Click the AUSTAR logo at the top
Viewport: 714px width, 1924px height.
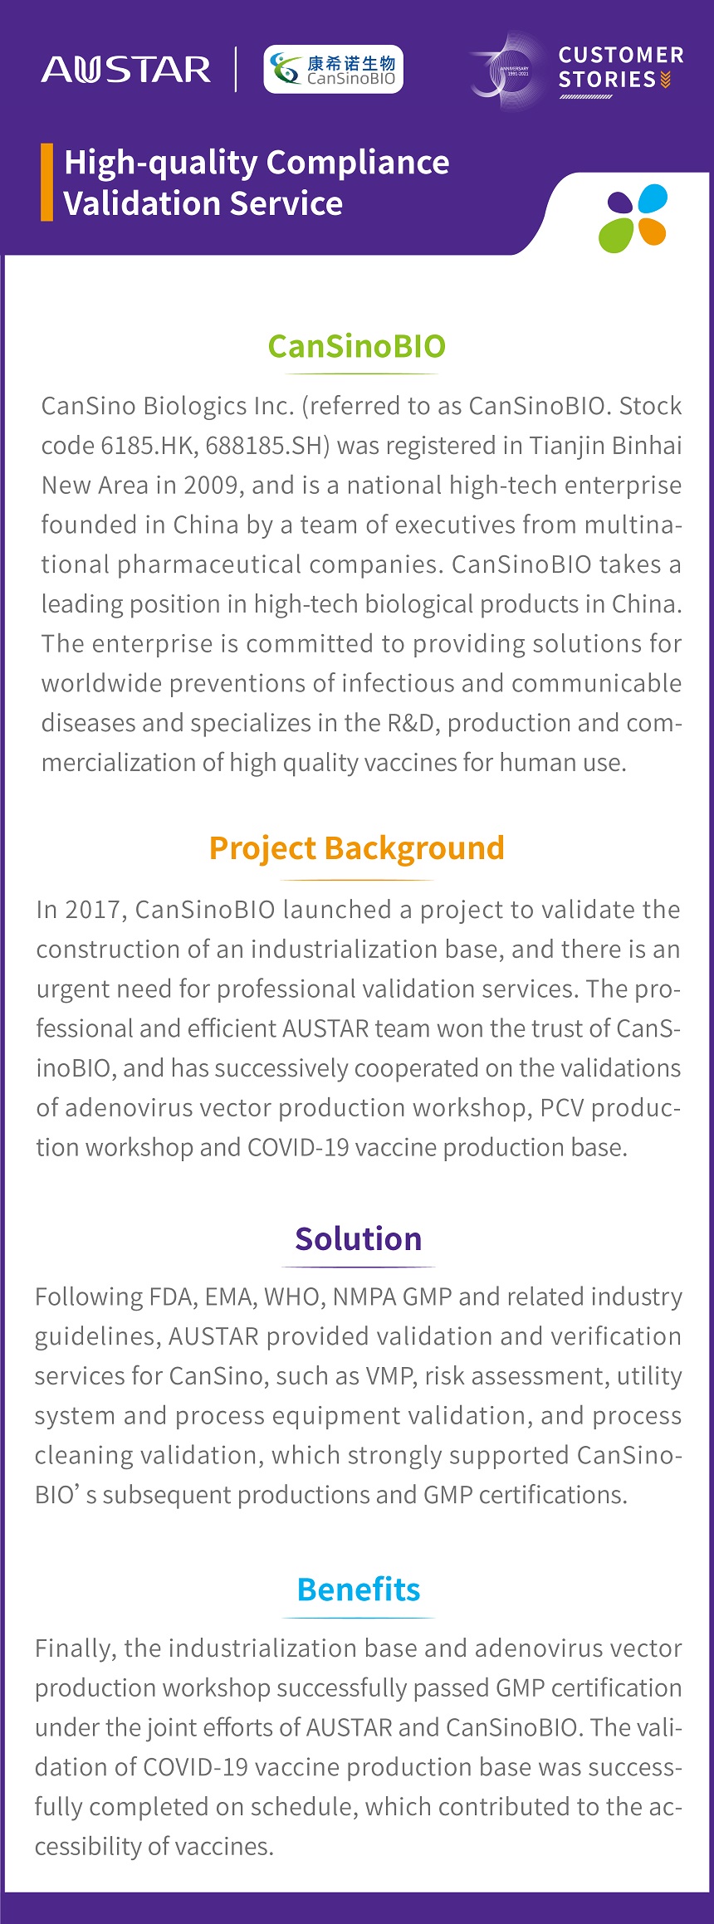point(126,70)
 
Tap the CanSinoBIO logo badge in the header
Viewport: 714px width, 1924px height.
point(333,69)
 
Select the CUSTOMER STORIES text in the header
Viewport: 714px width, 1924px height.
point(621,68)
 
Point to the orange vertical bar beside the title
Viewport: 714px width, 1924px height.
point(46,182)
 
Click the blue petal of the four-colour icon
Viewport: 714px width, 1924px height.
point(653,199)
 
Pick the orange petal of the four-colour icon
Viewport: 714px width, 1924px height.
point(652,232)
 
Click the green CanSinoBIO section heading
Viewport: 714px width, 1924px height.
point(357,346)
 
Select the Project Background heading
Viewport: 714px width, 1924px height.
point(357,848)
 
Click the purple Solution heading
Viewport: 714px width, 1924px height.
point(359,1238)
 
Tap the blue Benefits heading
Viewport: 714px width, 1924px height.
point(359,1589)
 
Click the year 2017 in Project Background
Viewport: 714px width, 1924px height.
point(96,910)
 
